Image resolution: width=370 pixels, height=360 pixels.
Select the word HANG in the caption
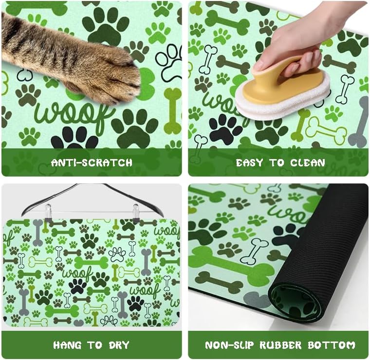(67, 345)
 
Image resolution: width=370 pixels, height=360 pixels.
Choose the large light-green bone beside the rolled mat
(229, 263)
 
